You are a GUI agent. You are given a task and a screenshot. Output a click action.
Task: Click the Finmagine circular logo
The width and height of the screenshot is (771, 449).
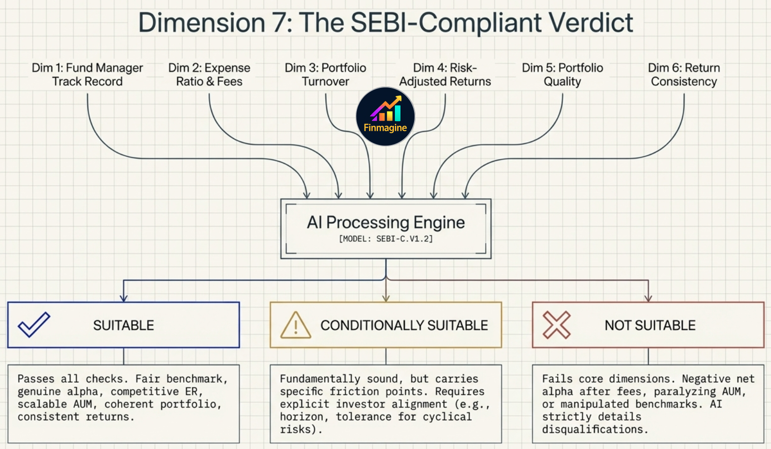point(385,116)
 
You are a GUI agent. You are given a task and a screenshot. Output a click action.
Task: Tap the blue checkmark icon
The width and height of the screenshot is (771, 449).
point(34,325)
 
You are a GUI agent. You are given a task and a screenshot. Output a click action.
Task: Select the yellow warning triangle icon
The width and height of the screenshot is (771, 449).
point(295,326)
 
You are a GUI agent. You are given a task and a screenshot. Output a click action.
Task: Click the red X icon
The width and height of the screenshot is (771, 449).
point(557,325)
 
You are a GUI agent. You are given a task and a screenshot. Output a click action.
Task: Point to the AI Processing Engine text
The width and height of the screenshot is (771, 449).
point(385,222)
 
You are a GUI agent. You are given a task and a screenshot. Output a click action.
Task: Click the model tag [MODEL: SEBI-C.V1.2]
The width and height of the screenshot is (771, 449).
point(385,239)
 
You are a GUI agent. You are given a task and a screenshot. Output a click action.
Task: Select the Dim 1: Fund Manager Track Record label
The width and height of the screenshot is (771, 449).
point(87,74)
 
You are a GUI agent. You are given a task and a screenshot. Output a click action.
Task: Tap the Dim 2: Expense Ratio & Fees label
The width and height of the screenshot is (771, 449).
point(209,74)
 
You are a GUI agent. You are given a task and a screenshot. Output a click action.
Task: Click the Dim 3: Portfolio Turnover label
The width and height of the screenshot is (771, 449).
point(325,74)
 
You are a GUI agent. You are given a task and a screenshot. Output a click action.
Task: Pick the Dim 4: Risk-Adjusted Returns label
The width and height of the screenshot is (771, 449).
point(445,74)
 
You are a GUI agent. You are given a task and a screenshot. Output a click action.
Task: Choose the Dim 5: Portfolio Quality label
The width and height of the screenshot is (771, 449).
point(562,74)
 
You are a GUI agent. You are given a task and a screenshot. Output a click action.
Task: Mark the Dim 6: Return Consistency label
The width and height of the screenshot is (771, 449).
point(684,74)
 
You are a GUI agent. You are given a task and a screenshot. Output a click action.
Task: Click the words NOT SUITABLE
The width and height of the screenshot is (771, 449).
point(650,325)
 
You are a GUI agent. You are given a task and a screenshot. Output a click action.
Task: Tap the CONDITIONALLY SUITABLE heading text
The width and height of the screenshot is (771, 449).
point(404,325)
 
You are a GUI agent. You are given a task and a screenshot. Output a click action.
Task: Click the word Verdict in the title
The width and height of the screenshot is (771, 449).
point(591,22)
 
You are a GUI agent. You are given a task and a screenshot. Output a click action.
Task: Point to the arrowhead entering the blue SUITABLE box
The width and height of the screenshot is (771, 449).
point(124,297)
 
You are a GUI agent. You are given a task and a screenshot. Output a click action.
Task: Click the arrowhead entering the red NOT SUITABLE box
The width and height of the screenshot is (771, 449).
point(648,297)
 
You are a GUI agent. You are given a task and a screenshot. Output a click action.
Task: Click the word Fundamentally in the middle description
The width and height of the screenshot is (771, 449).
point(320,378)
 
